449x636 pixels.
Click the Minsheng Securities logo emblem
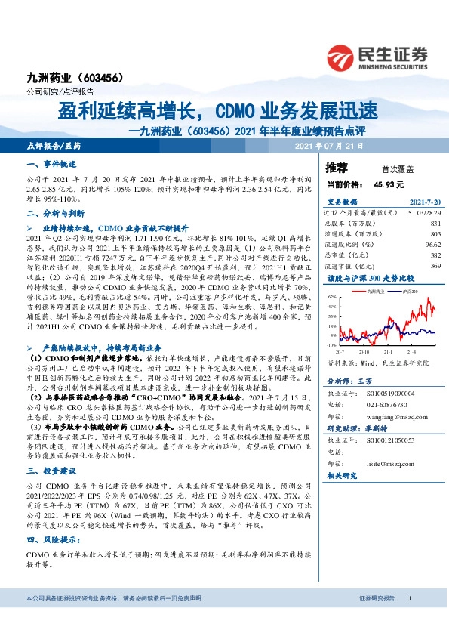[x=341, y=56]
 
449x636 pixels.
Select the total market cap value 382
[x=435, y=255]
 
